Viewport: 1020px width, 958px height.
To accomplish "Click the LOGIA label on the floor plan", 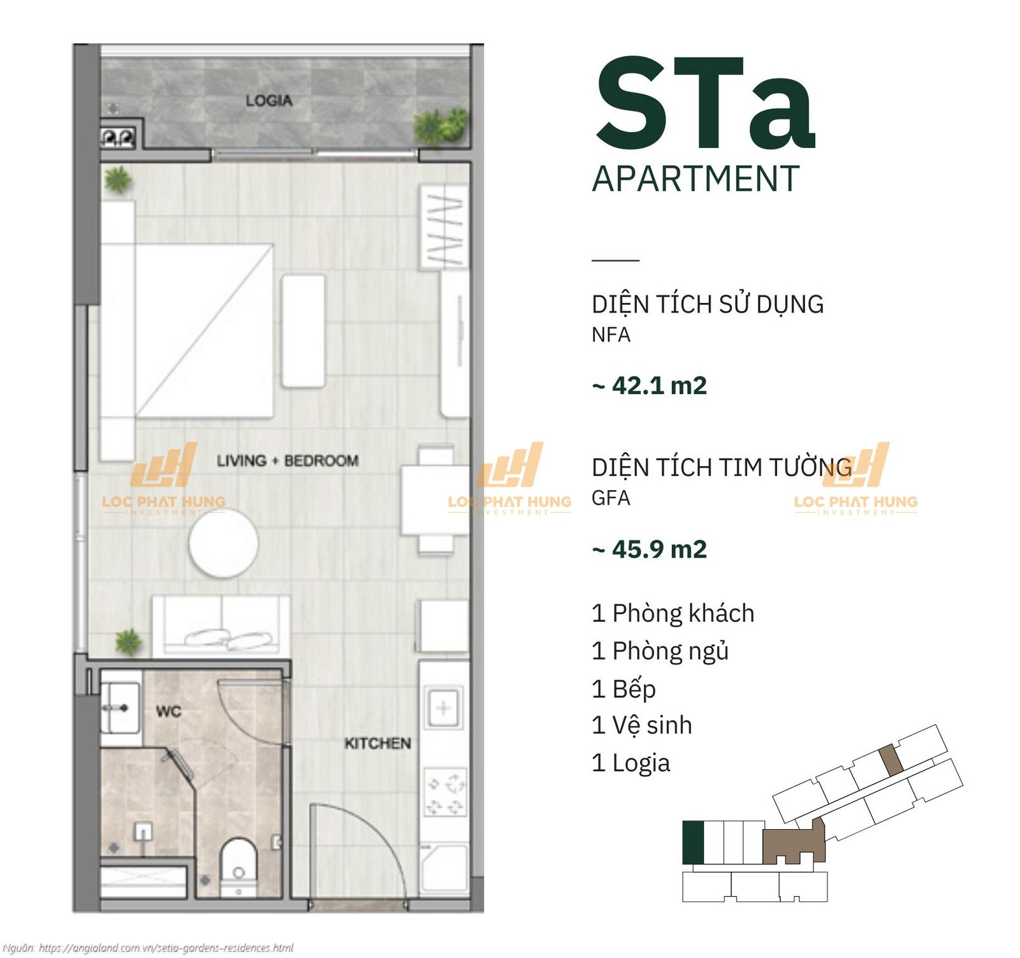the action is tap(269, 101).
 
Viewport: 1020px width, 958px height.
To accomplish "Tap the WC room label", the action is tap(169, 711).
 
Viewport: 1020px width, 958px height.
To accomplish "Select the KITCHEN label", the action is tap(378, 744).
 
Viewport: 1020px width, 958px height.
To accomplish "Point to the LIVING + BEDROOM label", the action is tap(288, 461).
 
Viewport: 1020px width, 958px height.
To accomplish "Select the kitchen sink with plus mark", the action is tap(444, 708).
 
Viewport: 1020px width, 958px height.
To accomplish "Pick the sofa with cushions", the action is tap(221, 625).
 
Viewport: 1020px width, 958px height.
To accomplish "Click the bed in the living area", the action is tap(187, 330).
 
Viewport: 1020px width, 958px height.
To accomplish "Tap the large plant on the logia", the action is tap(440, 125).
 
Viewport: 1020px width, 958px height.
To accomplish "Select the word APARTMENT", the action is tap(696, 179).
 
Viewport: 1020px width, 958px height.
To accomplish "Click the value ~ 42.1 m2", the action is tap(650, 385).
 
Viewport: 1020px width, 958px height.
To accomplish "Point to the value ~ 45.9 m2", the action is tap(650, 549).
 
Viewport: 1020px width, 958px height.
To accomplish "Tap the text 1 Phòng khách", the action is tap(673, 613).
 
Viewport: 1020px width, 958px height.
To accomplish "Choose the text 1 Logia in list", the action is tap(631, 763).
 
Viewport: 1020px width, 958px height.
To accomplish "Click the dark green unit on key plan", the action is tap(693, 843).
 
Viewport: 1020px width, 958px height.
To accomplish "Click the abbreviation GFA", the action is tap(611, 497).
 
